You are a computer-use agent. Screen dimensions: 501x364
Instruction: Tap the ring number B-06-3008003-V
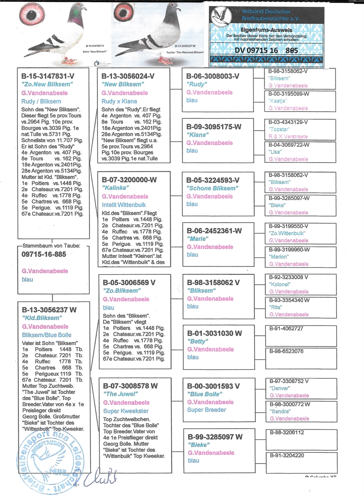coord(212,76)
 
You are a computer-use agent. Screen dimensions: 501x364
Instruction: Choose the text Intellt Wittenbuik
coord(124,205)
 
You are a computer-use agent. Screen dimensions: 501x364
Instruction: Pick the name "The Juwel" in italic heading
coord(120,394)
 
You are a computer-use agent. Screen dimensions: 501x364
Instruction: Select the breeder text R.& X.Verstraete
coord(288,136)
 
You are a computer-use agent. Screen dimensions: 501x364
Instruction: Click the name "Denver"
coord(280,389)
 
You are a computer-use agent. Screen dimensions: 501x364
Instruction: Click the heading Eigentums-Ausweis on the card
coord(268,28)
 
